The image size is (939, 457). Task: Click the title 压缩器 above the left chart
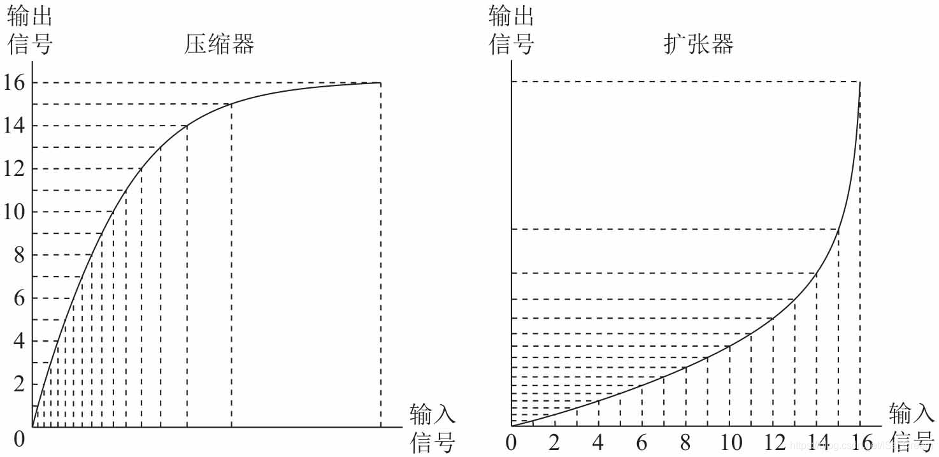pos(220,44)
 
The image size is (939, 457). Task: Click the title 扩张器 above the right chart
pos(699,44)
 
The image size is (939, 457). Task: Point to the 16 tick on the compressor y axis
pos(14,83)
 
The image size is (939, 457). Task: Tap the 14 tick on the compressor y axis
pos(14,126)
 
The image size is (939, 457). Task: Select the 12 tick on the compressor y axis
pos(14,169)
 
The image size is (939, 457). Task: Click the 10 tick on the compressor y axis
pos(14,212)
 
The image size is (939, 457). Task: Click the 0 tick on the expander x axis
pos(511,442)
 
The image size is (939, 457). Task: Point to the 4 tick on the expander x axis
pos(598,442)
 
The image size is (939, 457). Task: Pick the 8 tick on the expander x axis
pos(685,442)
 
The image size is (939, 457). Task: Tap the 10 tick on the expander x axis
pos(729,442)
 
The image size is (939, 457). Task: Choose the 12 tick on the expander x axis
pos(773,442)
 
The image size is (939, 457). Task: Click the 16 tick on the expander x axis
pos(860,442)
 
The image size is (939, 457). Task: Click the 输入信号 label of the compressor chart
pos(433,428)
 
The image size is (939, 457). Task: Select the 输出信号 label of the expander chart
pos(511,29)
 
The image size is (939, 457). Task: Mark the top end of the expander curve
pos(860,82)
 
